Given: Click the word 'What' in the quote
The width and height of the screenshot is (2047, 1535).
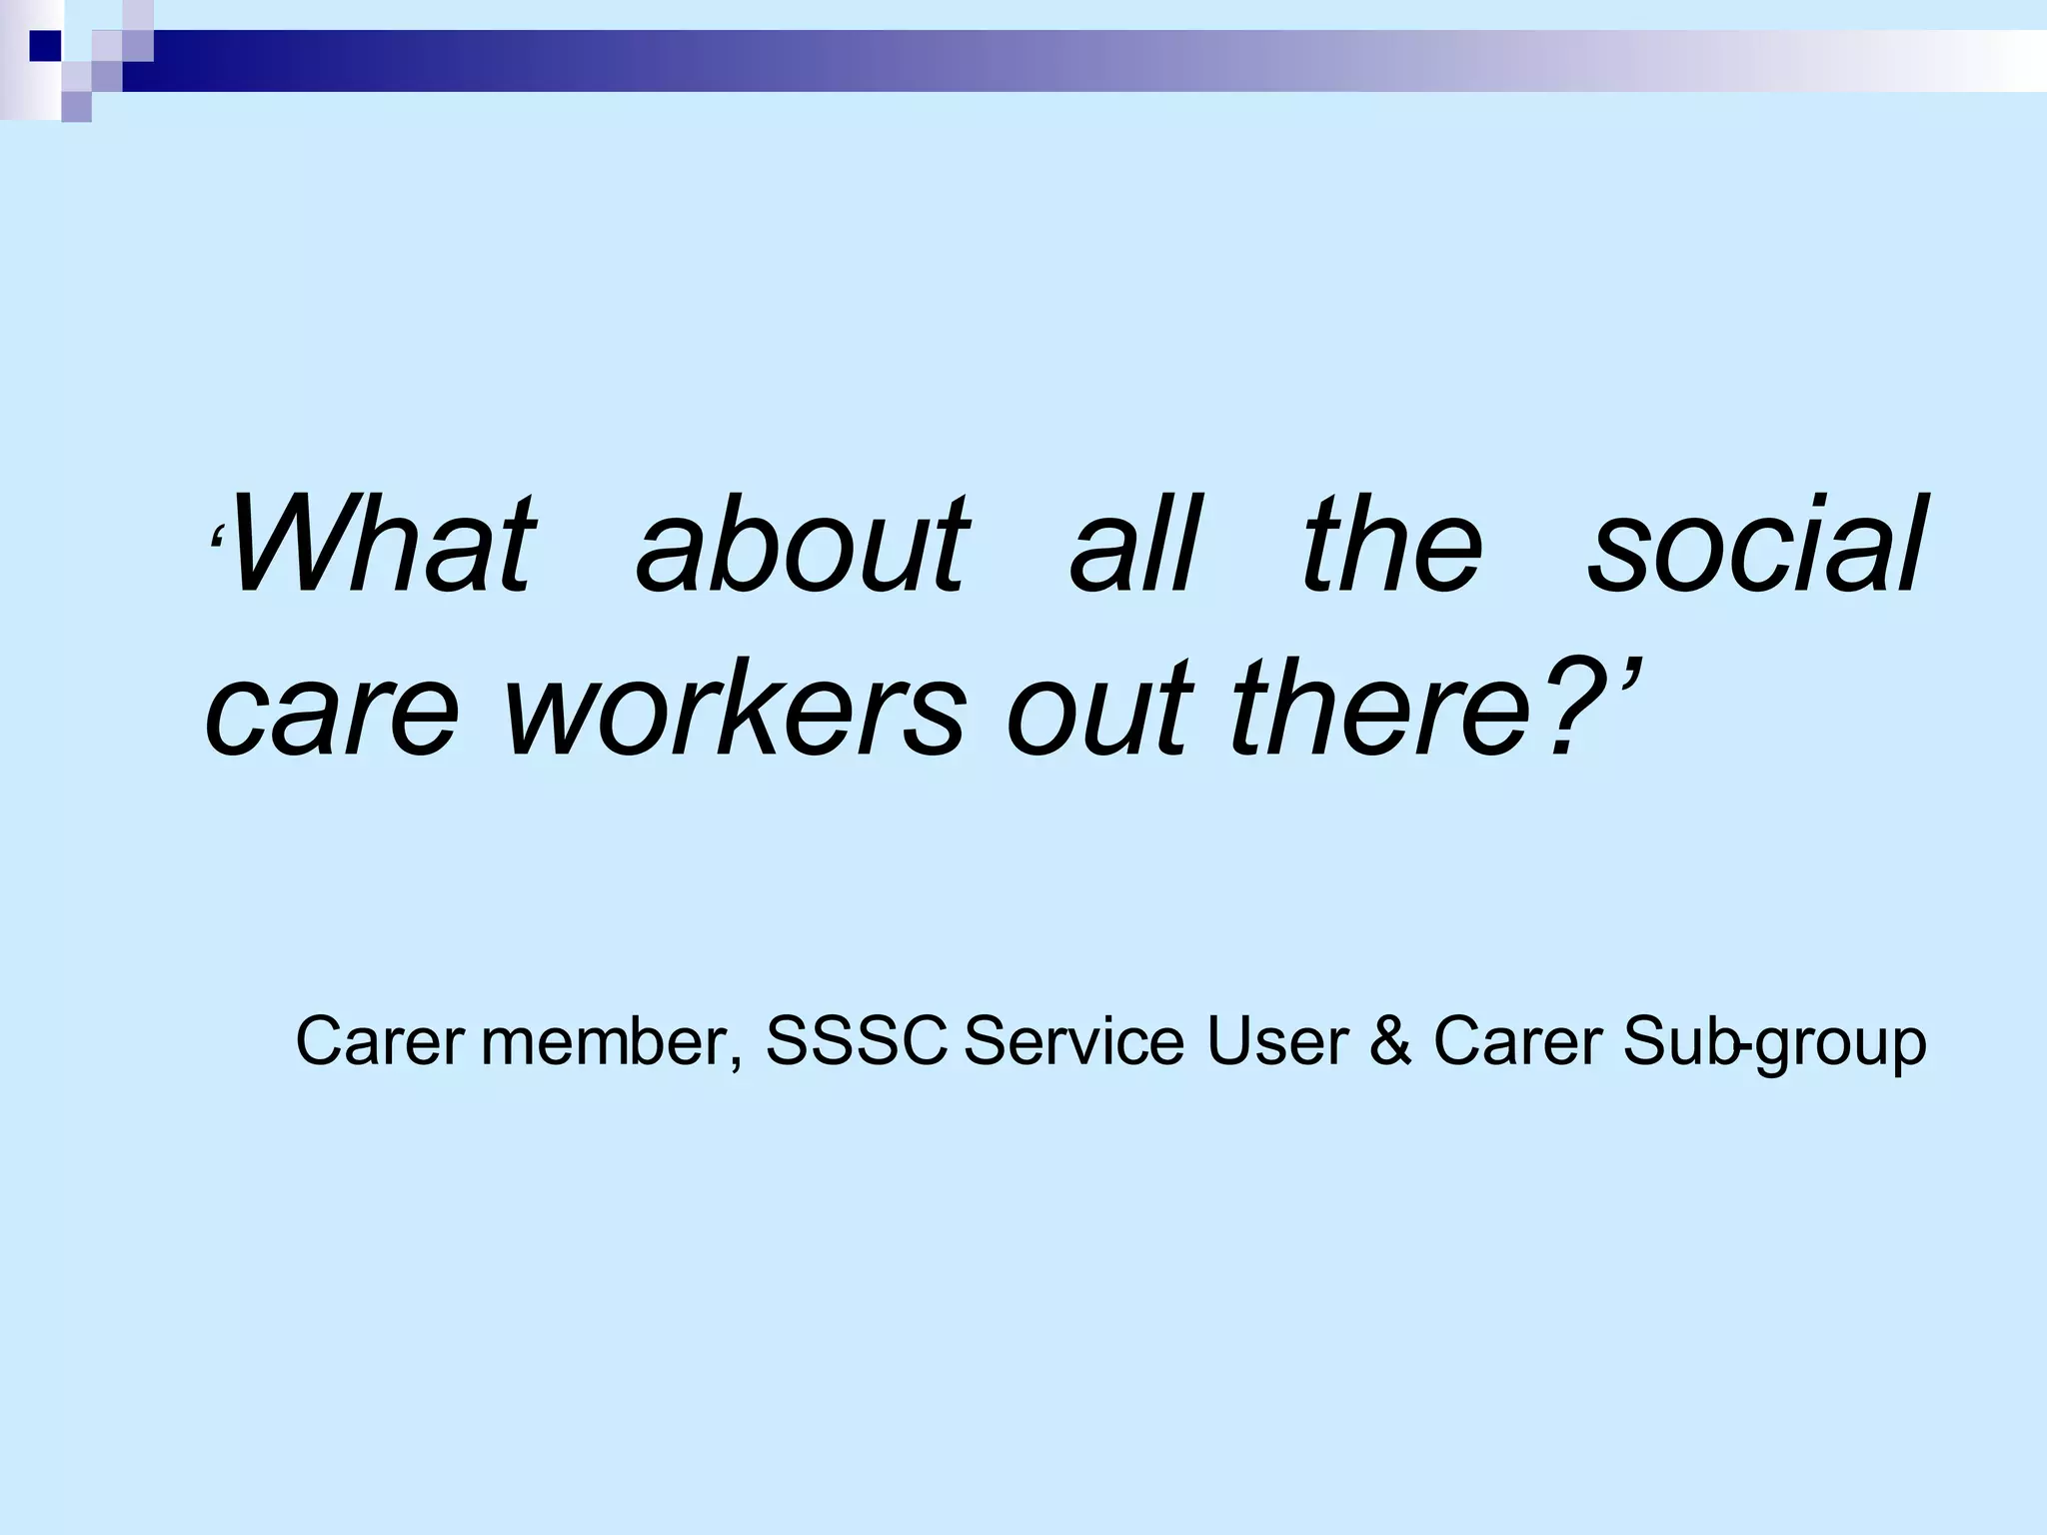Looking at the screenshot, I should coord(380,546).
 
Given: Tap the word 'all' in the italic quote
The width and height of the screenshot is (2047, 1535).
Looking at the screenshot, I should coord(1133,546).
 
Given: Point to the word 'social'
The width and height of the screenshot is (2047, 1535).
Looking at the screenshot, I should coord(1753,546).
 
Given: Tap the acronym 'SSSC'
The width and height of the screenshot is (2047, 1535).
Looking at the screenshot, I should coord(856,1041).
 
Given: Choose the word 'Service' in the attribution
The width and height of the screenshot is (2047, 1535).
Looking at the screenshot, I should coord(1073,1041).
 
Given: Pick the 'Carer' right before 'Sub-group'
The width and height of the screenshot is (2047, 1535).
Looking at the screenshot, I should coord(1517,1041).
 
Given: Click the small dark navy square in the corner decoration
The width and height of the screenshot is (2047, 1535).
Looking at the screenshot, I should coord(45,45).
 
